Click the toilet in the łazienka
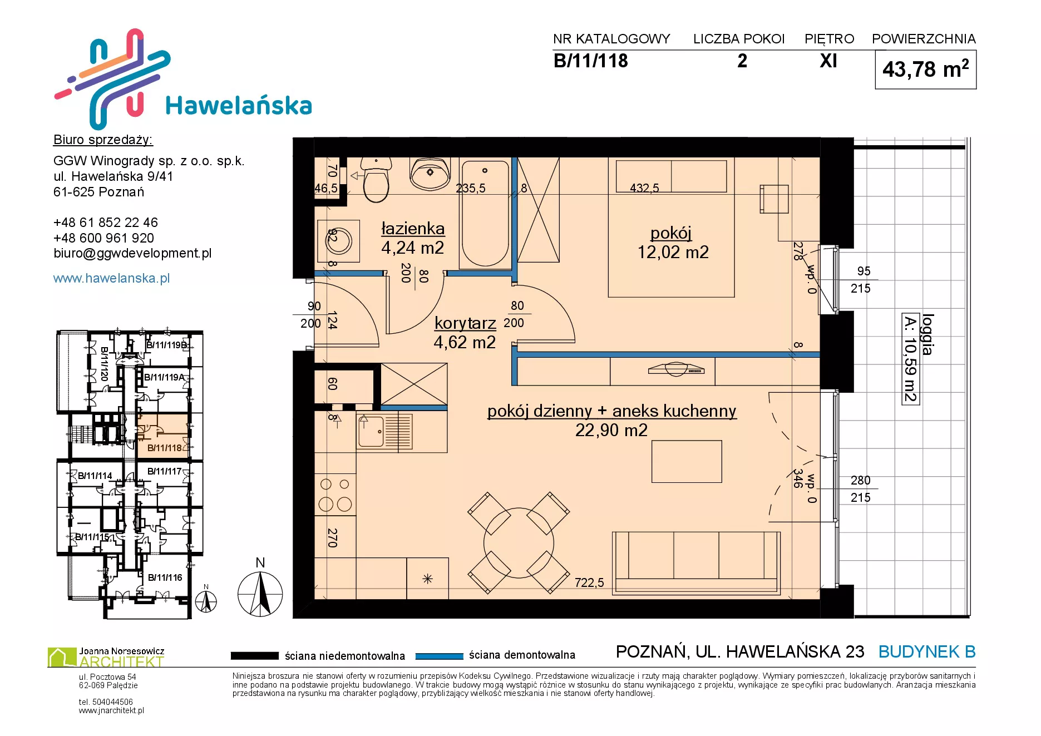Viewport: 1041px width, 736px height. [x=376, y=179]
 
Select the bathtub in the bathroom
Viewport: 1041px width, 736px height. [x=485, y=214]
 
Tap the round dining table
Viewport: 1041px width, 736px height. [x=519, y=543]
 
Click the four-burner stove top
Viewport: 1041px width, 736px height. [x=335, y=495]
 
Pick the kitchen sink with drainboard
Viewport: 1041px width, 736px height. [x=384, y=432]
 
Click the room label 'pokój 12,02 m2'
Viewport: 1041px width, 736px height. [x=672, y=243]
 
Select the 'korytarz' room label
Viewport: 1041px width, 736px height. [x=465, y=323]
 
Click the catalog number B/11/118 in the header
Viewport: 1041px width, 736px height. [x=590, y=61]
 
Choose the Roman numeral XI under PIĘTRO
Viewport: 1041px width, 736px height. [x=828, y=61]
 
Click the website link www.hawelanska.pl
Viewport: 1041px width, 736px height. [x=111, y=278]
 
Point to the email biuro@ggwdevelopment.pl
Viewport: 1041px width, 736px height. [x=132, y=253]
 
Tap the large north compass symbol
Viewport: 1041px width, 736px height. [x=260, y=594]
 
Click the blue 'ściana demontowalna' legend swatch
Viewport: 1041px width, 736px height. [x=440, y=656]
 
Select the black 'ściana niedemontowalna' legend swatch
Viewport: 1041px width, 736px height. [x=254, y=656]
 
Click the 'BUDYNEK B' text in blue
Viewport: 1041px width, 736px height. [x=927, y=651]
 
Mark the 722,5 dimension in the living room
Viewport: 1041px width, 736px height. [x=589, y=582]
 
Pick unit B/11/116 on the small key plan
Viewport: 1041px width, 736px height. [x=165, y=577]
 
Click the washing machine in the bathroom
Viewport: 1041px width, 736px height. [x=338, y=241]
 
